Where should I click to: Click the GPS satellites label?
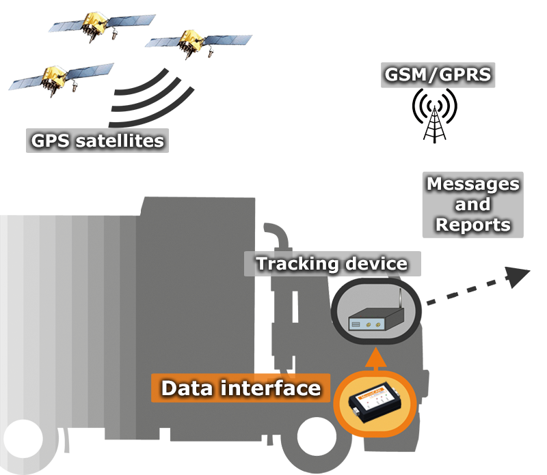point(98,141)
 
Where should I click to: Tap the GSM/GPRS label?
point(438,74)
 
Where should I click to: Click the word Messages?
point(472,184)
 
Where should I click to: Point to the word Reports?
point(472,225)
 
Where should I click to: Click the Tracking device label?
point(331,263)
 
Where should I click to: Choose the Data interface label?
point(241,388)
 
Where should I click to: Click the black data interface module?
point(373,405)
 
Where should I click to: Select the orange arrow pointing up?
point(373,360)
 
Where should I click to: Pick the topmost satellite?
point(100,25)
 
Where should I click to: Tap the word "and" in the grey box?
point(472,204)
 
